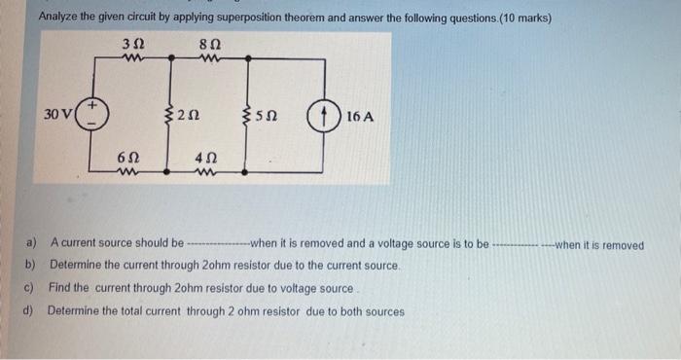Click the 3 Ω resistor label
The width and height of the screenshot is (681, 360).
tap(134, 43)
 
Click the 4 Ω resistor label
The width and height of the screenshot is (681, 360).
tap(205, 158)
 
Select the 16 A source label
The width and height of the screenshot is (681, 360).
tap(359, 117)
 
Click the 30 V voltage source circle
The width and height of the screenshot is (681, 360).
tap(94, 116)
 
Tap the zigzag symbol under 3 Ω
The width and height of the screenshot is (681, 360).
tap(134, 57)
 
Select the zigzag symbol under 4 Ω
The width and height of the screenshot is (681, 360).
tap(205, 173)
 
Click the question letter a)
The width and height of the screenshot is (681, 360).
tap(32, 244)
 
